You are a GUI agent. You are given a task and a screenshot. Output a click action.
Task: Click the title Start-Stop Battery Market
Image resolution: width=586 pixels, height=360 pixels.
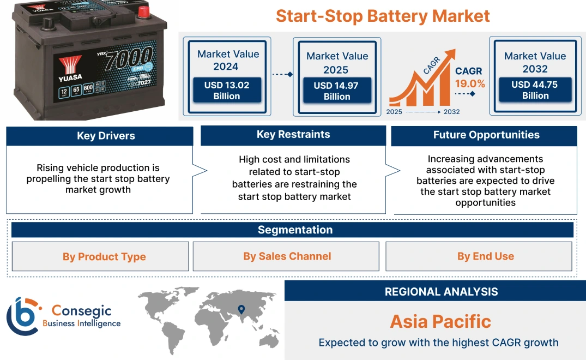[x=383, y=16]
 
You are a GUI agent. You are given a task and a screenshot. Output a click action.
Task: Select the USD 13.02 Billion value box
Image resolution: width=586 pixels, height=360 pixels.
[x=226, y=91]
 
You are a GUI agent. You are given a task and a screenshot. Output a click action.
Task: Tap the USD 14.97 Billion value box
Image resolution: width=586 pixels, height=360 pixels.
[x=336, y=91]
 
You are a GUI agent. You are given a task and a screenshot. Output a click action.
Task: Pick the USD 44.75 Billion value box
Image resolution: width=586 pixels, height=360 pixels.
[x=535, y=90]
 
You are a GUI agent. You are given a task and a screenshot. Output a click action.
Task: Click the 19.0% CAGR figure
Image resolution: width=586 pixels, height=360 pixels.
[x=470, y=84]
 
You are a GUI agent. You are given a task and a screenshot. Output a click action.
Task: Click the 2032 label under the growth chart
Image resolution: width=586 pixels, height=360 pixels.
[x=451, y=112]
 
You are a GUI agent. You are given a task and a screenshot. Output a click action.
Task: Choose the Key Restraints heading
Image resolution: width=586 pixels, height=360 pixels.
[x=293, y=135]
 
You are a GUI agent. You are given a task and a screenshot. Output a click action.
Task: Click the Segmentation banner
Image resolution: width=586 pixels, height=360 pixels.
[x=294, y=230]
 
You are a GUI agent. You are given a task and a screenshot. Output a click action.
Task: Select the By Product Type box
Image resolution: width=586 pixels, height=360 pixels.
[x=104, y=256]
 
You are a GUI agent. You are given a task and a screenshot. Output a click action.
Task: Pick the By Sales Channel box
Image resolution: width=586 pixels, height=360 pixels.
[x=287, y=256]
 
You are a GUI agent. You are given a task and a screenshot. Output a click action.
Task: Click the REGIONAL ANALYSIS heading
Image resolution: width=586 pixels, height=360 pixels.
[x=441, y=292]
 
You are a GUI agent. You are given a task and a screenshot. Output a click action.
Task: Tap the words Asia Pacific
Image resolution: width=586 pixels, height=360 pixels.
[x=440, y=321]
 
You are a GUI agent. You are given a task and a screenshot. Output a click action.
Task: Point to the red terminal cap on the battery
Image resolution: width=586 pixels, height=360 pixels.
[x=143, y=11]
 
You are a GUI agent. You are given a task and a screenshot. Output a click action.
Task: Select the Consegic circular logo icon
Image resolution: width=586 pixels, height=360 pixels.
[x=23, y=316]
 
